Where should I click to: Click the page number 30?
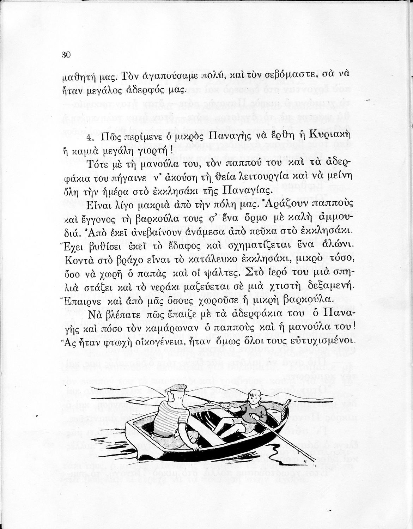point(66,55)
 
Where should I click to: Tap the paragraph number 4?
point(90,136)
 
